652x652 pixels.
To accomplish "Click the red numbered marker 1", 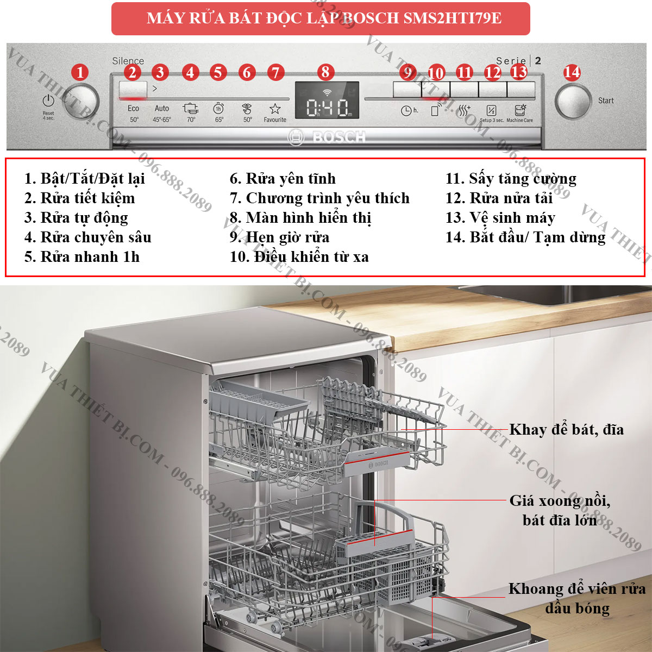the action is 80,72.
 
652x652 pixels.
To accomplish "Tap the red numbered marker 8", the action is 325,72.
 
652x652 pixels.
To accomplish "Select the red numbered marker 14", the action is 572,72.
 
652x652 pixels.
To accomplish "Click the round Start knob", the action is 573,102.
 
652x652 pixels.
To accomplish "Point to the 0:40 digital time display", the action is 327,108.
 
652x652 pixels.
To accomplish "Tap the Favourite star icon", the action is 275,109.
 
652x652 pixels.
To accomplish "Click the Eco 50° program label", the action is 134,114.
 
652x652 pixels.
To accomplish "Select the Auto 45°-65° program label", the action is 162,114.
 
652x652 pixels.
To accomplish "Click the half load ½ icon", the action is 491,110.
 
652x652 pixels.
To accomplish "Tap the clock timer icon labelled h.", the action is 410,110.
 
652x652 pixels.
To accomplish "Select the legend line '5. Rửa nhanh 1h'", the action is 82,257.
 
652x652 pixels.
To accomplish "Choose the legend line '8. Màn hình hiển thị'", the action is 300,218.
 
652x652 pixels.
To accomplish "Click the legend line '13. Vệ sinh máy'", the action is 500,217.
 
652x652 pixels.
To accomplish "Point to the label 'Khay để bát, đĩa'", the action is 566,430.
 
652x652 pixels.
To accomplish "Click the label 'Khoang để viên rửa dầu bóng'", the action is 577,599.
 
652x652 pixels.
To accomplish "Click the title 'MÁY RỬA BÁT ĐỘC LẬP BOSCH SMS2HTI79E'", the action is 324,18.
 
